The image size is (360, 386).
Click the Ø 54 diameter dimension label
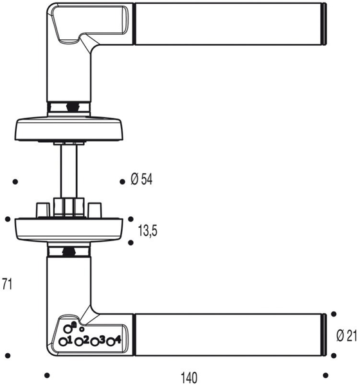point(141,180)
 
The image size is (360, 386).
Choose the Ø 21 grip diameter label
point(347,335)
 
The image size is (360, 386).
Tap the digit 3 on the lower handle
point(102,340)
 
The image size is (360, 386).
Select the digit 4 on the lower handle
point(118,340)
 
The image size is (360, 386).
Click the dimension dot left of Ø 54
point(122,182)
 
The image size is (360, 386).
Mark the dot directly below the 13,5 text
point(130,243)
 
